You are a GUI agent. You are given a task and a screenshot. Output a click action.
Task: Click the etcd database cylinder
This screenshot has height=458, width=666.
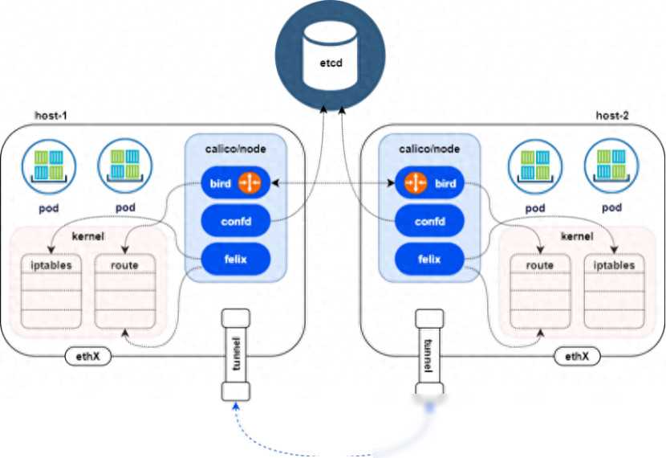(330, 56)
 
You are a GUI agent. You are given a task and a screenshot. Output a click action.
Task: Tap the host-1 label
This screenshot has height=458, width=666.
(51, 116)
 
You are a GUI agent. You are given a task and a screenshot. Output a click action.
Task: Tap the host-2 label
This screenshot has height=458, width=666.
(612, 116)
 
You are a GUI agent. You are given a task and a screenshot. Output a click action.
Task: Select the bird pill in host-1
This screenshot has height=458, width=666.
(236, 183)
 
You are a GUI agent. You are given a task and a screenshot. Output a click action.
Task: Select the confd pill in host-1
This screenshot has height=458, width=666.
(236, 221)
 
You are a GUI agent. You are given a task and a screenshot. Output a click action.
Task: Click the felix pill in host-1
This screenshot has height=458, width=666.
(236, 259)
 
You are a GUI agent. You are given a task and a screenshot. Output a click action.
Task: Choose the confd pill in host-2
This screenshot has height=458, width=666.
(429, 221)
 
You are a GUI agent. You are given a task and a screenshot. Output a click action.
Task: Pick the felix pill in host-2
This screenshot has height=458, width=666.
(429, 259)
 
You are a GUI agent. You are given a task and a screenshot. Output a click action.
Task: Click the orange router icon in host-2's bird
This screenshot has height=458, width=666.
(416, 183)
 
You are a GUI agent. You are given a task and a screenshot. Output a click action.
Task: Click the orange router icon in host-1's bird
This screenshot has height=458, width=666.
(250, 183)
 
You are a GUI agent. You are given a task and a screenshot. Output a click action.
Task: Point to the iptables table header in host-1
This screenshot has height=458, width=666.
(51, 265)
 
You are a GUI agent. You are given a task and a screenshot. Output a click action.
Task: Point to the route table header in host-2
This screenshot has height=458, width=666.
(540, 265)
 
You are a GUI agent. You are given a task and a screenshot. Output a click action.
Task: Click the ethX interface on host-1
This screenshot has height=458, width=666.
(88, 357)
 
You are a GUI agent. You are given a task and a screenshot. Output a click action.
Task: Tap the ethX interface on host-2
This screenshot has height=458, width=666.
(577, 357)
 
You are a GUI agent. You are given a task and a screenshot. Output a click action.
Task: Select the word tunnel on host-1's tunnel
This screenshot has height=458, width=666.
(236, 354)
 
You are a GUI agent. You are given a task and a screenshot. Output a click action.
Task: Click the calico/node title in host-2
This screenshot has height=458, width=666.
(429, 149)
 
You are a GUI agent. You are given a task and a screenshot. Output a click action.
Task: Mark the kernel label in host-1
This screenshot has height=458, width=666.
(88, 236)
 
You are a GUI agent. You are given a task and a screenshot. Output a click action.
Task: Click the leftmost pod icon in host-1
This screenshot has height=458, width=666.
(49, 166)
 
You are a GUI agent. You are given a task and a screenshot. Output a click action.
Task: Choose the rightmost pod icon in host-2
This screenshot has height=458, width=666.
(611, 166)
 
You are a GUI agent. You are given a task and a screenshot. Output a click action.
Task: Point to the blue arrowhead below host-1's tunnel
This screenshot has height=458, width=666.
(236, 406)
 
